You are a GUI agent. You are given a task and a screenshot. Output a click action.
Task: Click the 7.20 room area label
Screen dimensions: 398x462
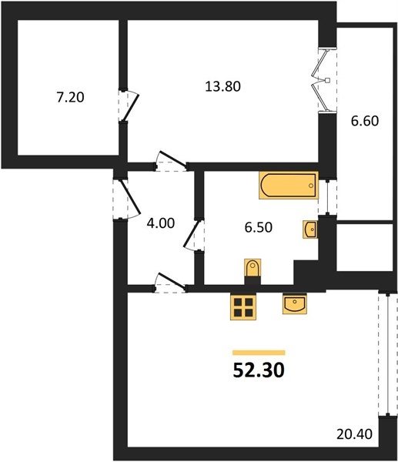[70, 97]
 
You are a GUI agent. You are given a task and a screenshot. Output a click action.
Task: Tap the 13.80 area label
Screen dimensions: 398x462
[223, 86]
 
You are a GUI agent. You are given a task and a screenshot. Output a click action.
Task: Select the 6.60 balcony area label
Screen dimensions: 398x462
[365, 121]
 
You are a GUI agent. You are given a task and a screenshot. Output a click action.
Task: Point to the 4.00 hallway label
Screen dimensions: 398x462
[161, 223]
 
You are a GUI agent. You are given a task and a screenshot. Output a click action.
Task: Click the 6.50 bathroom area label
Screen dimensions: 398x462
[259, 227]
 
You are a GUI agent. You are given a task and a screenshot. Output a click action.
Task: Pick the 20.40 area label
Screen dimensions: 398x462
[354, 434]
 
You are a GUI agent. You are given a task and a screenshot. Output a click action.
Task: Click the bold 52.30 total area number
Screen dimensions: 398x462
[259, 370]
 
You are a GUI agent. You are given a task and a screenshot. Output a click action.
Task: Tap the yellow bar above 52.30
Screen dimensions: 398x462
[259, 353]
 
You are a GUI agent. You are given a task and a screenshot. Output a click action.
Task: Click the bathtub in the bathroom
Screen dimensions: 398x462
[289, 186]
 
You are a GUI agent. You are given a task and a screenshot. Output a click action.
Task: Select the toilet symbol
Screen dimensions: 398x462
[253, 268]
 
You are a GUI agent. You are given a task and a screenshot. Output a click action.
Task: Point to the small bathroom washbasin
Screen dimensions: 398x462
[310, 229]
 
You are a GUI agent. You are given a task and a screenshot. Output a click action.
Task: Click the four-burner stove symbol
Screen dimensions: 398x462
[243, 307]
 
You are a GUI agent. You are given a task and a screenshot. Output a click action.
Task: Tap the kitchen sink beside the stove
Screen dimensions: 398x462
[295, 303]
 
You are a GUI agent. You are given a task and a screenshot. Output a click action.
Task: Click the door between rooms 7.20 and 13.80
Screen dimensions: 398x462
[129, 105]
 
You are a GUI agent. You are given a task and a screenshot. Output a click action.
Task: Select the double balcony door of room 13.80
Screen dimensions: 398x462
[323, 80]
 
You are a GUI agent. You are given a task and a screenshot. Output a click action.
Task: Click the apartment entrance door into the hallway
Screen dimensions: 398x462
[125, 199]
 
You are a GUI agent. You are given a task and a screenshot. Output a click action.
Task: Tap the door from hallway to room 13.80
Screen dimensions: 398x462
[172, 162]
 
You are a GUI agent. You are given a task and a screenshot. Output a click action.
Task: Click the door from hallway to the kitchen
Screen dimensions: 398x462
[170, 283]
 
